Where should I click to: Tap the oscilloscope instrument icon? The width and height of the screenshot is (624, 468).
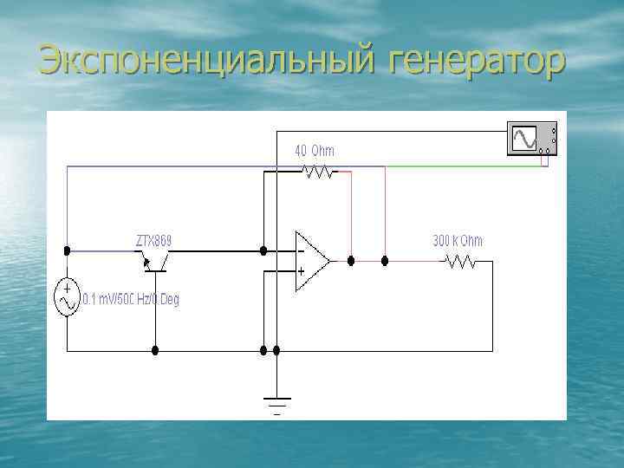coord(531,140)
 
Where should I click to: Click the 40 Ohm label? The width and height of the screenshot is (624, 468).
coord(314,151)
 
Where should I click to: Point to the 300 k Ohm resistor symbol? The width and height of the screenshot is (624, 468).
coord(459,260)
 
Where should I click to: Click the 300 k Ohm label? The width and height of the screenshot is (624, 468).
coord(458,241)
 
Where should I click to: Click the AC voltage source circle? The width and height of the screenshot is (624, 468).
coord(68,297)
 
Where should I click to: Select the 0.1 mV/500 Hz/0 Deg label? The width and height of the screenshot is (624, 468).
coord(130,301)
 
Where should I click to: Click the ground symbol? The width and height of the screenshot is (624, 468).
coord(276,403)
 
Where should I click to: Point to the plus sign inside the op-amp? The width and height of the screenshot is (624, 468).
coord(300,271)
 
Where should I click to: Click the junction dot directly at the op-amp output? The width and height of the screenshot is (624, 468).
coord(350,260)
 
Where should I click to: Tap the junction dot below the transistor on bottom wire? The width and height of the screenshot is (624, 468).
coord(155,351)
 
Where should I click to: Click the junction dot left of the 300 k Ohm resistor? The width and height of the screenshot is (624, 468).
coord(385,260)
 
